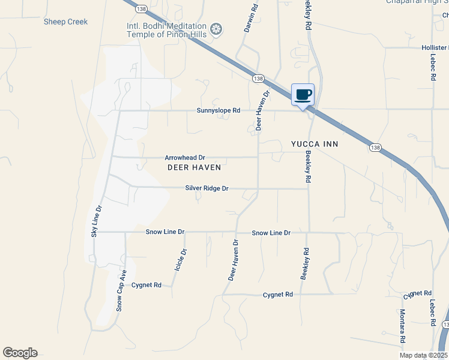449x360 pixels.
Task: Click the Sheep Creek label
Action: (65, 22)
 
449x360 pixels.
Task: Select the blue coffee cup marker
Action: (303, 94)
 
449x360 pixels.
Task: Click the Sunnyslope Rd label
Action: (218, 110)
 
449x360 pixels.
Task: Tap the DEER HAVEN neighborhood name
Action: (194, 167)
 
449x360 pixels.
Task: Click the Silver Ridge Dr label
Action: (207, 188)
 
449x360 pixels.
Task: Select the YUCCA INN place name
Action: (315, 144)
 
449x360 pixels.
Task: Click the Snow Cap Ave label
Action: (121, 290)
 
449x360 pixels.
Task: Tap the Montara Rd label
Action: (402, 326)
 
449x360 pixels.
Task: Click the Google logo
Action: (20, 353)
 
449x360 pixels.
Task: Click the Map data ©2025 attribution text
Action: (423, 355)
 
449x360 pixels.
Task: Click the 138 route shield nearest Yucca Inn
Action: (375, 147)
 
